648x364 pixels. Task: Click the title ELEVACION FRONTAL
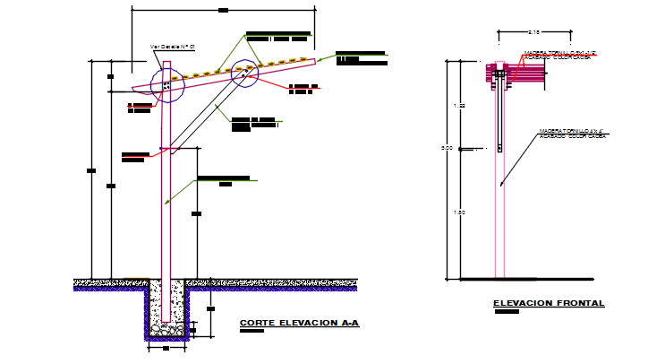(x=549, y=304)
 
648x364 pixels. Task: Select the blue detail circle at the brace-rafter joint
(x=244, y=74)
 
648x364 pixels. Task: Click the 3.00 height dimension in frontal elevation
(x=460, y=149)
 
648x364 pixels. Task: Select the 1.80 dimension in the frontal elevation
(x=460, y=212)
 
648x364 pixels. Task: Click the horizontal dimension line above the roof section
(x=223, y=10)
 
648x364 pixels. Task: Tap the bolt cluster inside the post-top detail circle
(x=166, y=84)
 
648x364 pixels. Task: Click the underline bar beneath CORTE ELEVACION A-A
(x=252, y=331)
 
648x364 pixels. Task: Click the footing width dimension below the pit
(x=166, y=350)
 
